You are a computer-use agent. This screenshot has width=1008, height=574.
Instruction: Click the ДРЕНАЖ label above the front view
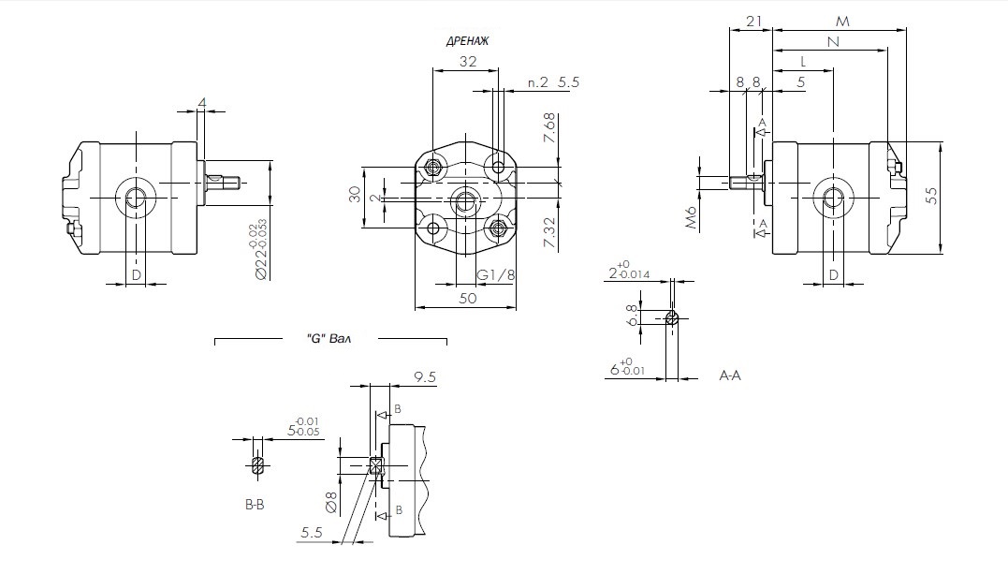[468, 41]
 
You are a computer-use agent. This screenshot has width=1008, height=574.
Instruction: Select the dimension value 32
[468, 62]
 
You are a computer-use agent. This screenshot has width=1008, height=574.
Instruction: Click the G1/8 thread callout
[496, 274]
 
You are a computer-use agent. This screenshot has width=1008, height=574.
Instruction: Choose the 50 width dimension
[468, 298]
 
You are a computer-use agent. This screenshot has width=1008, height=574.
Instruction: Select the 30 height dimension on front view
[355, 195]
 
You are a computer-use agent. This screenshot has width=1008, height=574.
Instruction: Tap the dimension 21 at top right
[755, 21]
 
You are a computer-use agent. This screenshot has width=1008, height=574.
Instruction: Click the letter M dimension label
[842, 21]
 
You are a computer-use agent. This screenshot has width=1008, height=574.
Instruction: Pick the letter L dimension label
[804, 62]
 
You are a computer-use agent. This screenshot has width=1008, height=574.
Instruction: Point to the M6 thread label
[693, 217]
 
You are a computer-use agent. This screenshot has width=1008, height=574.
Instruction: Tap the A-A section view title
[730, 375]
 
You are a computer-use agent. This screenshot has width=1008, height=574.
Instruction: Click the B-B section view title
[255, 505]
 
